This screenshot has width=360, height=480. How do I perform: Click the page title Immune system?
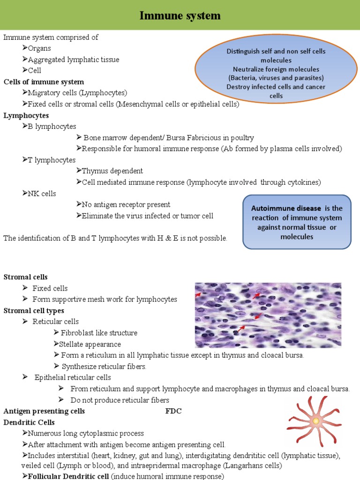pos(180,16)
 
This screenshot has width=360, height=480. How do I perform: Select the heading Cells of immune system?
pos(44,82)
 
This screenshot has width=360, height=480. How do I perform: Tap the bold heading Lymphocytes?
pos(26,115)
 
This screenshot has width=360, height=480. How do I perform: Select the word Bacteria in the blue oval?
pos(245,78)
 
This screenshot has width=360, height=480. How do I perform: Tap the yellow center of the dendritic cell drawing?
pos(316,421)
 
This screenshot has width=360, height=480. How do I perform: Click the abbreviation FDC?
pos(173,411)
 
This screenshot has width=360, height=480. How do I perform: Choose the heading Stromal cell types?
pos(34,310)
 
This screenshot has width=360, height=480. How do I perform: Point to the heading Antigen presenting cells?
pos(45,411)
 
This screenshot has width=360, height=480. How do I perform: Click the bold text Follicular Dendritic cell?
pos(68,476)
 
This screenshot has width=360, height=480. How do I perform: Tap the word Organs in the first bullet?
pos(39,48)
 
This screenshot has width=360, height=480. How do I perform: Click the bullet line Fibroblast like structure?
pos(99,333)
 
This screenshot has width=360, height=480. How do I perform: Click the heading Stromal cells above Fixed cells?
pos(25,277)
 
